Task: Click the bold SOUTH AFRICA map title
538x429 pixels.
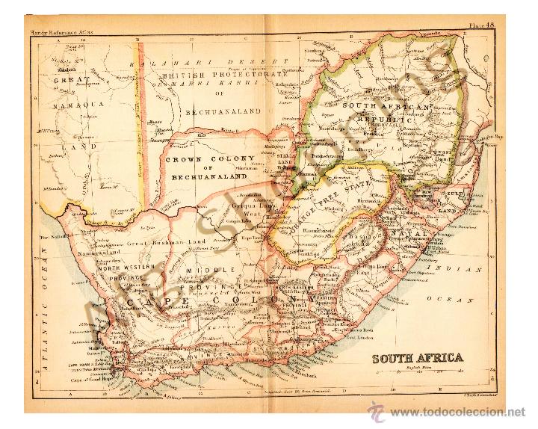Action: (x=418, y=357)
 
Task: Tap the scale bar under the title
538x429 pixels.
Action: (x=418, y=372)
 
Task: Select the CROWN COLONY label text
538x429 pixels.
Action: (x=210, y=159)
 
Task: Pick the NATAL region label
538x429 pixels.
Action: (x=416, y=234)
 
